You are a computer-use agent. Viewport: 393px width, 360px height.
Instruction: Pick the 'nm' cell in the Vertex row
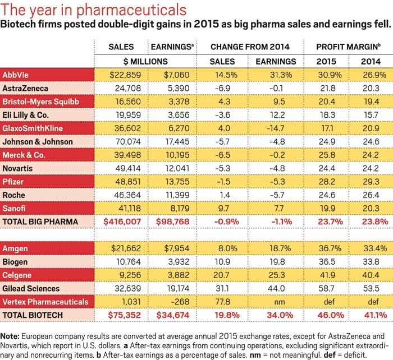[x=275, y=302]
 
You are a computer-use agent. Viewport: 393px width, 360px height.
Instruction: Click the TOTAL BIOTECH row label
[x=33, y=316]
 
